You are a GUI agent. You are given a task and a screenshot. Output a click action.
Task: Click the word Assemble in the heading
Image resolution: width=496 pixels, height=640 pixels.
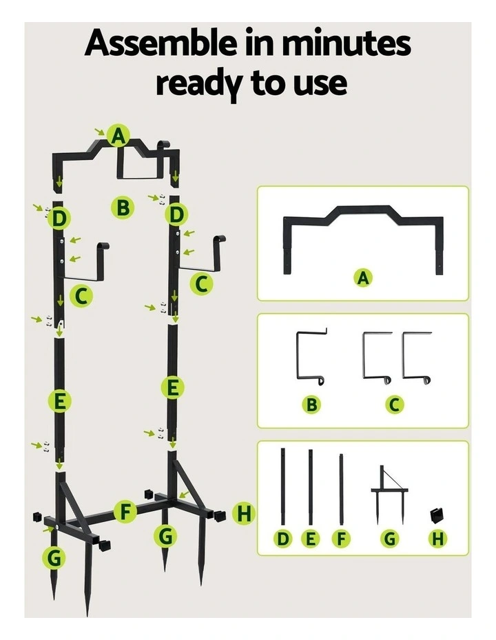tap(161, 43)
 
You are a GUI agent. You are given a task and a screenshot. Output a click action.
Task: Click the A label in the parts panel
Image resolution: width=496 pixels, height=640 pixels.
tap(363, 278)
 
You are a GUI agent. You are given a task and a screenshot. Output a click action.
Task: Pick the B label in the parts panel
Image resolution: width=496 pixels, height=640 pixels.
tap(312, 404)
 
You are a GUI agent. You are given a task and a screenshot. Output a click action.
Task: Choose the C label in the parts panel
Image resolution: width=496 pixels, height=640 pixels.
tap(394, 404)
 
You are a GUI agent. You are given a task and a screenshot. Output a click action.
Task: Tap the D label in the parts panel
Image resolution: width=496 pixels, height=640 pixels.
tap(283, 539)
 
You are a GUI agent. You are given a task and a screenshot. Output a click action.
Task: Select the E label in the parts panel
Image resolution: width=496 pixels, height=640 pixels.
tap(311, 539)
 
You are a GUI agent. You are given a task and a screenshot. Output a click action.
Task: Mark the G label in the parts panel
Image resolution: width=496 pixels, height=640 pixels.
tap(390, 539)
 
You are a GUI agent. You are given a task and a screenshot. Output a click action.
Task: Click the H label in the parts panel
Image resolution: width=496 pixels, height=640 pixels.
tap(437, 539)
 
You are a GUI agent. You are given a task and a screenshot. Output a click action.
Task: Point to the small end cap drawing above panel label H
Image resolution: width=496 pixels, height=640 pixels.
tap(437, 515)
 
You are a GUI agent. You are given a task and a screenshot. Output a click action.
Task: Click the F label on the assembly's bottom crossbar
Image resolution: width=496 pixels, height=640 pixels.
tap(125, 512)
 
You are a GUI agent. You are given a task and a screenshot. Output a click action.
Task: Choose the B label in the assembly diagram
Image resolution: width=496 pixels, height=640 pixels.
tap(123, 208)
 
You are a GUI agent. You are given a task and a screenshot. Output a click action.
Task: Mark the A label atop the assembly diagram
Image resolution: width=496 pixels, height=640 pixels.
tap(118, 135)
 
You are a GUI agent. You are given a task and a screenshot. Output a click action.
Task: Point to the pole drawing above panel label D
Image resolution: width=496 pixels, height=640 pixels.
tap(283, 486)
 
